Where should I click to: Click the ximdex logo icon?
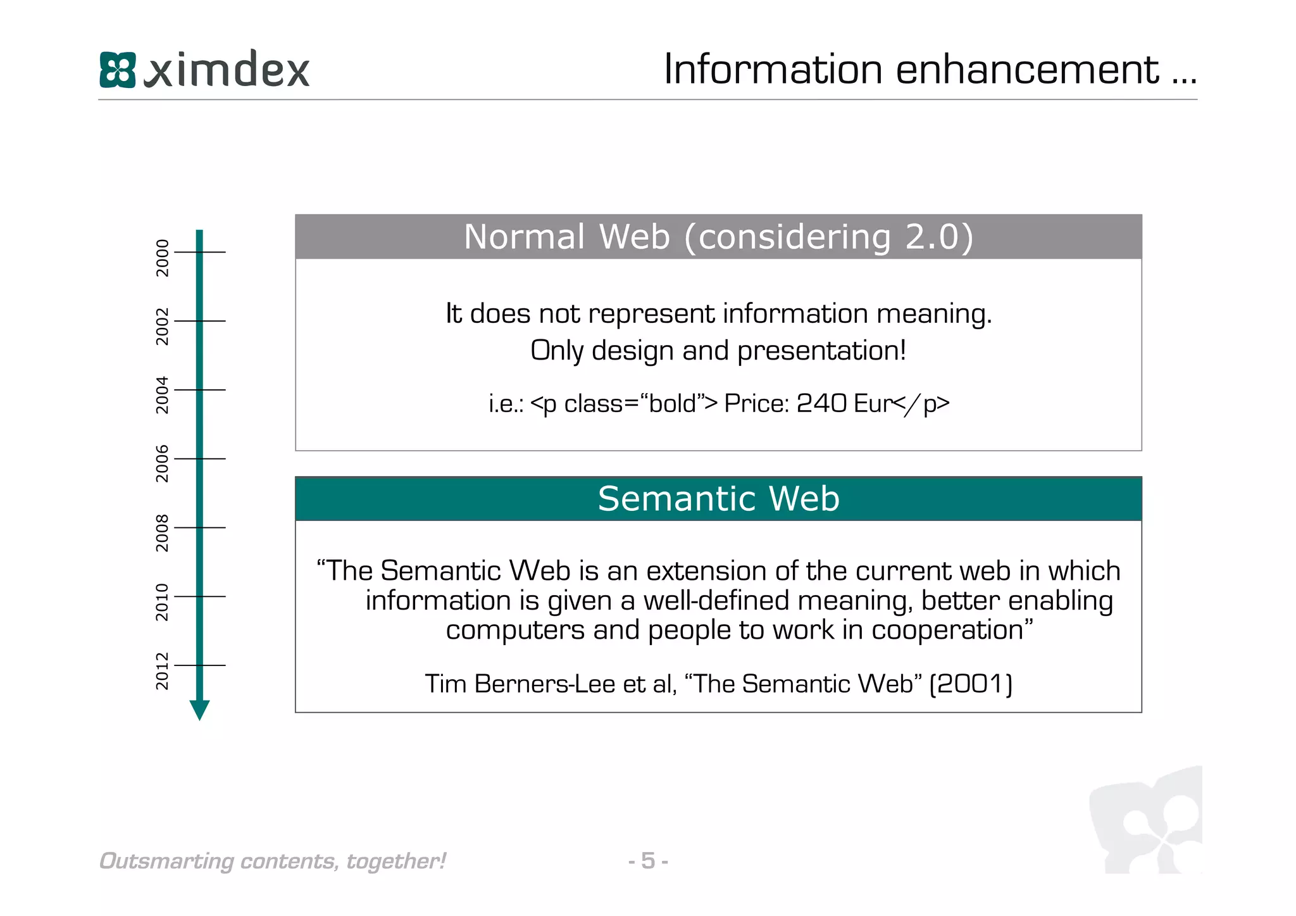(118, 70)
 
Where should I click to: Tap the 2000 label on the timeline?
(163, 258)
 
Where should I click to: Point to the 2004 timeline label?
(163, 395)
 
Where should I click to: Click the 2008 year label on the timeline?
(163, 533)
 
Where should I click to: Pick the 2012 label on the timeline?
(163, 671)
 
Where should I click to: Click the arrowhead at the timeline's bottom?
(199, 710)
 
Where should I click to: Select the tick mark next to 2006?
(199, 458)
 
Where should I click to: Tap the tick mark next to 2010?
(199, 596)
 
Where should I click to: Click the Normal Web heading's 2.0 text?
(933, 237)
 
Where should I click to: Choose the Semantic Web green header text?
(718, 499)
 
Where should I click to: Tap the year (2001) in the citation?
(971, 684)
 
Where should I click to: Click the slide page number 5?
(648, 861)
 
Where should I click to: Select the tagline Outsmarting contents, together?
(273, 861)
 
